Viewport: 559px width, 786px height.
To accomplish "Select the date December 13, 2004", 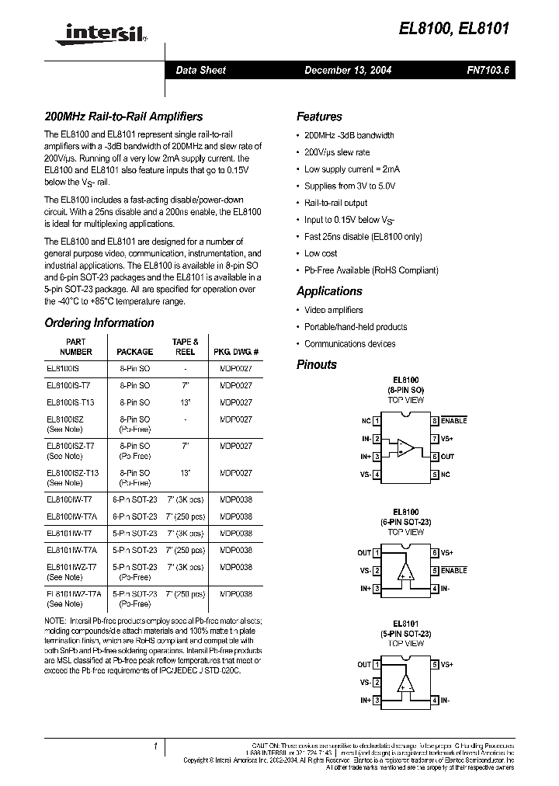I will coord(347,70).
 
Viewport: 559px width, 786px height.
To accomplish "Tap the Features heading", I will coord(319,117).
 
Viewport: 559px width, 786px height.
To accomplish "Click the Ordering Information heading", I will coord(99,322).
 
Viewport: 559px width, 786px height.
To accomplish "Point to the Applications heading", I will coord(329,291).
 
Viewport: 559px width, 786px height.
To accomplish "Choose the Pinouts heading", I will coord(317,364).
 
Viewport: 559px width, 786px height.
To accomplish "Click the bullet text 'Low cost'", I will coord(321,253).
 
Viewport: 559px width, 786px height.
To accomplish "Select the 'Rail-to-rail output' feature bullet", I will coord(335,203).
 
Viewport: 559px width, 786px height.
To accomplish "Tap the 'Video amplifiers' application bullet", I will coord(333,310).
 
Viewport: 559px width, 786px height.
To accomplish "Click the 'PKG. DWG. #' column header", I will coord(236,352).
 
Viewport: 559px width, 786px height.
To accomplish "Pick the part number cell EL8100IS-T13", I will coord(71,402).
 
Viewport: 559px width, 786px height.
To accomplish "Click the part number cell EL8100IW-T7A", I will coord(71,516).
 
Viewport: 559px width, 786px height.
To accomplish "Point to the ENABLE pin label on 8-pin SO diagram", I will coord(453,420).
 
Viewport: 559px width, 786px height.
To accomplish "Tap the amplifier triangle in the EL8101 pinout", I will coord(405,683).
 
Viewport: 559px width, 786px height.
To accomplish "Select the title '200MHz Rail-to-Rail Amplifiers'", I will coord(123,117).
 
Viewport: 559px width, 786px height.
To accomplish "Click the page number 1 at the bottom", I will coord(155,746).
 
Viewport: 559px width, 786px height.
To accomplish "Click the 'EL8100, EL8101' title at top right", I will coord(465,30).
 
